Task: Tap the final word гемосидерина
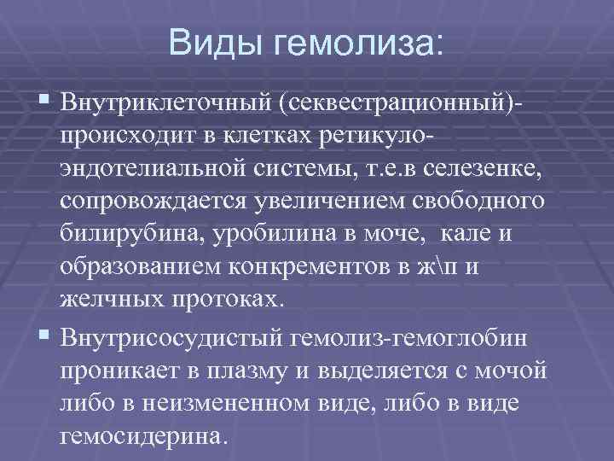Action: tap(142, 438)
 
